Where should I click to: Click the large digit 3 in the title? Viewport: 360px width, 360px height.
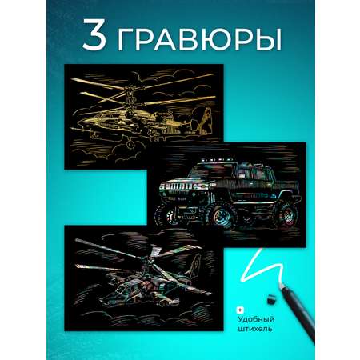[94, 34]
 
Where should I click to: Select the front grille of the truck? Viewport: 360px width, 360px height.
[177, 186]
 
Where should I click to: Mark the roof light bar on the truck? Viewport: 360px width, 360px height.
[218, 161]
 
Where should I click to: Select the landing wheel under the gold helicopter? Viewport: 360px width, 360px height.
[130, 144]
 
